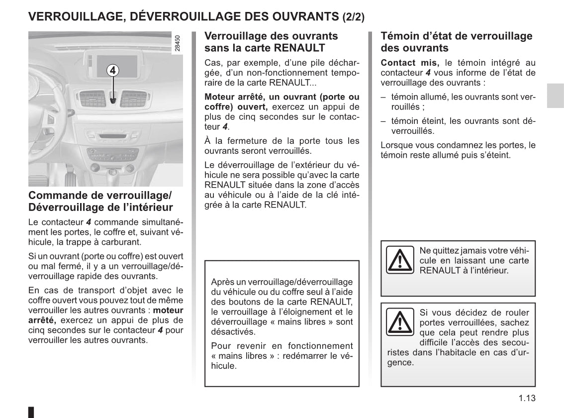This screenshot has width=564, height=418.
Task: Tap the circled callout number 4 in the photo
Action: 113,70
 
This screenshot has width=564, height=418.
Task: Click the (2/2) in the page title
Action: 353,17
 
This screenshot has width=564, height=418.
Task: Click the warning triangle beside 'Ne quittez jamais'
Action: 400,260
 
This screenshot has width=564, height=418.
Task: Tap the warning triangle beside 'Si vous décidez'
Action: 400,321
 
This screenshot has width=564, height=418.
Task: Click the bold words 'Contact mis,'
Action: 410,63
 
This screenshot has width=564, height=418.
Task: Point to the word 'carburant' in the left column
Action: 123,242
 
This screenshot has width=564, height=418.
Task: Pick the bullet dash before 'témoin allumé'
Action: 383,97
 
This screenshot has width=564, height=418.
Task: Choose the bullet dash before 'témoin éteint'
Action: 383,121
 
